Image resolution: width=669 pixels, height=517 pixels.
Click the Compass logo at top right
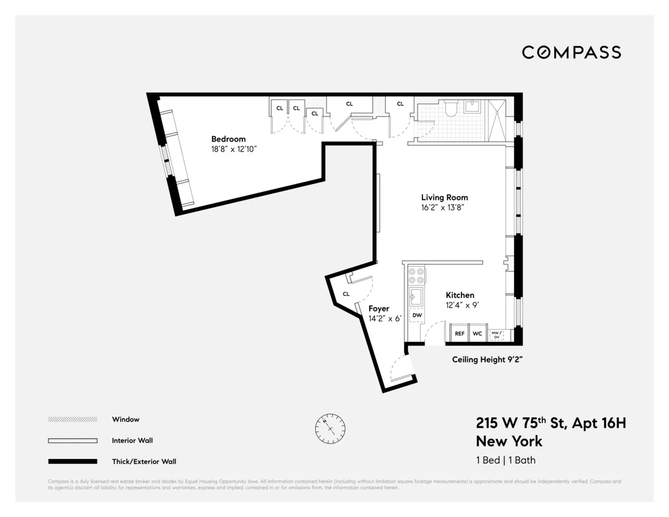tap(571, 52)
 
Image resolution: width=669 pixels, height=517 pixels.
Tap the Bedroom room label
tap(228, 139)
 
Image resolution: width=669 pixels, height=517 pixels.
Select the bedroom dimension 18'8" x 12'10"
tap(233, 149)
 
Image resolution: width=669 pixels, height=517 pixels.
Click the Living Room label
tap(444, 197)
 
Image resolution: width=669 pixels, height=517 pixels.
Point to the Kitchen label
tap(459, 295)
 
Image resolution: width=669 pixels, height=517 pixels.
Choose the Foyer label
tap(379, 308)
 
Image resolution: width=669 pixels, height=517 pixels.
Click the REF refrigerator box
tap(459, 333)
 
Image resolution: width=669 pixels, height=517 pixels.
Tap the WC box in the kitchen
tap(477, 333)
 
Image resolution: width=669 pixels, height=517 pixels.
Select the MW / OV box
tap(496, 335)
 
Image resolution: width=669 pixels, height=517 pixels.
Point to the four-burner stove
tap(416, 276)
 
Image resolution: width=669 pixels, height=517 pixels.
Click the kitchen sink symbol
tap(416, 297)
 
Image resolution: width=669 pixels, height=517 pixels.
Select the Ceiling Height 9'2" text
tap(487, 360)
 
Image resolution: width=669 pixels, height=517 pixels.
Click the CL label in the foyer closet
tap(346, 294)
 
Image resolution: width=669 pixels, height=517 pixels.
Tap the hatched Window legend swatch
tap(72, 419)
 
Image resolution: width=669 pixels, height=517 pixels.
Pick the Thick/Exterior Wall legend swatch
tap(72, 461)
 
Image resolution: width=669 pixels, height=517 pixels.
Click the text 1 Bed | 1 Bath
tap(506, 460)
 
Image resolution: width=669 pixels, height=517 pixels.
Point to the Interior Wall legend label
tap(132, 441)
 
